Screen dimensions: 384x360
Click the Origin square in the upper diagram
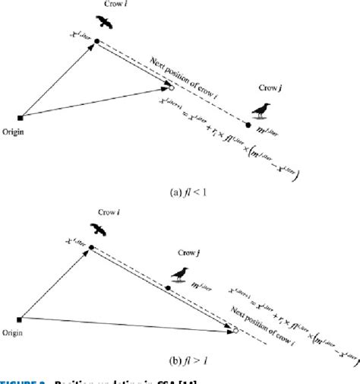point(21,118)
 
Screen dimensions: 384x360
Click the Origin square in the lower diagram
point(20,319)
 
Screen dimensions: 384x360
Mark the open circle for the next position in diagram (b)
point(236,331)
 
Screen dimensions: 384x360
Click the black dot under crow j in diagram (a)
point(248,122)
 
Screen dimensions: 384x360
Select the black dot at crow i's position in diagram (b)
point(90,247)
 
